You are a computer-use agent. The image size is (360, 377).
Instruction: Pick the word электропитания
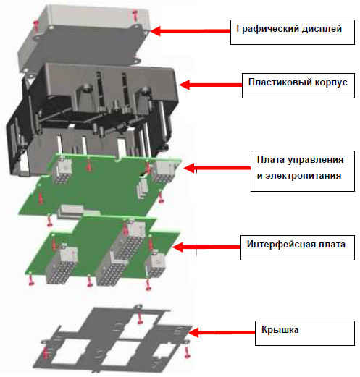[x=303, y=176]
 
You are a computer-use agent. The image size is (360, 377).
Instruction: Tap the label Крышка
[x=280, y=330]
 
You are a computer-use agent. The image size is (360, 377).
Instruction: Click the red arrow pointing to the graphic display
[x=190, y=31]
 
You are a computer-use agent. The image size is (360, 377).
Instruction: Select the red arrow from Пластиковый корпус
[x=211, y=85]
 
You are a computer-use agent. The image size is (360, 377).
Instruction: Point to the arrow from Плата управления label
[x=217, y=168]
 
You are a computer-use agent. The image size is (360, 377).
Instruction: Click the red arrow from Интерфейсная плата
[x=206, y=247]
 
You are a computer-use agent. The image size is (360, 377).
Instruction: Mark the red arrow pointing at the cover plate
[x=222, y=332]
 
